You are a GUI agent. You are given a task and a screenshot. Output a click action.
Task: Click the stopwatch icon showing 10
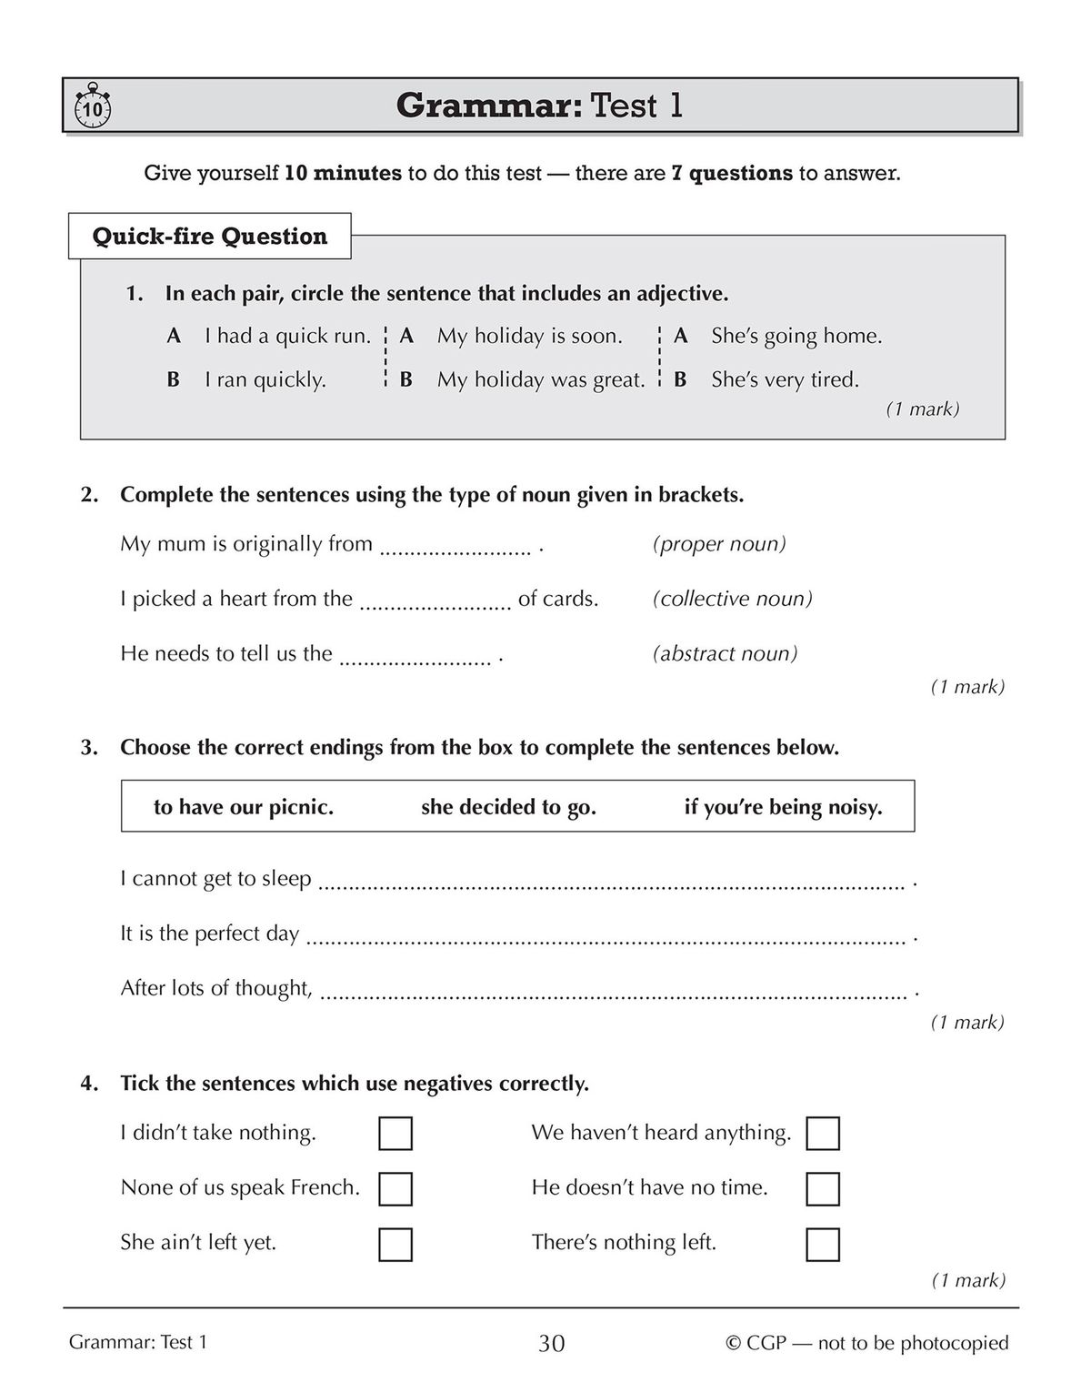pos(91,107)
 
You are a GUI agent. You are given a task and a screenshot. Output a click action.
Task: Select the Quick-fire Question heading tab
pos(209,237)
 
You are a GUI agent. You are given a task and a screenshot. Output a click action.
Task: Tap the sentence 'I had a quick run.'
pos(287,336)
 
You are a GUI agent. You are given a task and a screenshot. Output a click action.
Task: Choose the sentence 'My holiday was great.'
pos(541,379)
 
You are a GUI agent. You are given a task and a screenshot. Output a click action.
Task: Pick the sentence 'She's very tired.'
pos(785,379)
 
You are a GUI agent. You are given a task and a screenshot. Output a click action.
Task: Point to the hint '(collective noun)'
pos(732,599)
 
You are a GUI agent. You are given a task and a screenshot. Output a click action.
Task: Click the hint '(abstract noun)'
pos(725,653)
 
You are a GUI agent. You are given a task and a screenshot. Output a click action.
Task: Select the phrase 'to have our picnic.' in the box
pos(244,807)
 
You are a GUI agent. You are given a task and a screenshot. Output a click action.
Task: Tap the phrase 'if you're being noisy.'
pos(783,807)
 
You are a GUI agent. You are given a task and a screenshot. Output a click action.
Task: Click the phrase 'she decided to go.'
pos(508,807)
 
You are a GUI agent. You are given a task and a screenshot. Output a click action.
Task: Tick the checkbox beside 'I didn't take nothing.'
pos(395,1134)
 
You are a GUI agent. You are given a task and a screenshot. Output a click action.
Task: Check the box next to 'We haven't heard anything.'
pos(822,1134)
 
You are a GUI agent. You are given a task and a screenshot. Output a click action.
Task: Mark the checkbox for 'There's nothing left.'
pos(822,1244)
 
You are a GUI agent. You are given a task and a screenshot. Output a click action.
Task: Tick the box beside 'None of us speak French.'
pos(395,1189)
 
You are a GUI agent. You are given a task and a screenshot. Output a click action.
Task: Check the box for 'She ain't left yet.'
pos(395,1244)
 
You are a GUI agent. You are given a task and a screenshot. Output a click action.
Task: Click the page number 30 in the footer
pos(551,1343)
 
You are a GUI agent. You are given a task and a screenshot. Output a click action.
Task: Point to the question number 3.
pos(88,748)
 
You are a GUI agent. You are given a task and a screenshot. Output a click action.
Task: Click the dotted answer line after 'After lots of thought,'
pos(614,994)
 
